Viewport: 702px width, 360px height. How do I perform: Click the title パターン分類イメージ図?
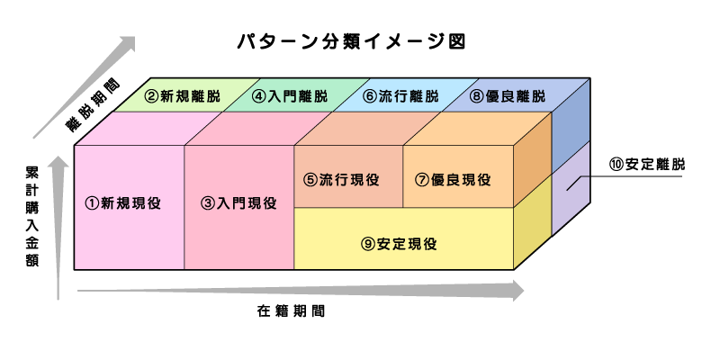pyautogui.click(x=350, y=42)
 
